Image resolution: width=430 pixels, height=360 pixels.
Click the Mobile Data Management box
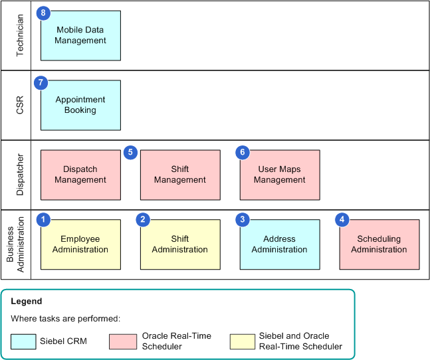tap(80, 35)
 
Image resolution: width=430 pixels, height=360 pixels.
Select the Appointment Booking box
tap(80, 105)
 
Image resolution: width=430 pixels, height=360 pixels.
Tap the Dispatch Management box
tap(80, 175)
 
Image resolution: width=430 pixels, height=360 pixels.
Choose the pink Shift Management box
tap(180, 175)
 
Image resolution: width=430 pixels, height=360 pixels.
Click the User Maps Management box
tap(280, 175)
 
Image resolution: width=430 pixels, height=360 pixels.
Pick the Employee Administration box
tap(80, 244)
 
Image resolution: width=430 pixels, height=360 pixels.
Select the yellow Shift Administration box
tap(180, 244)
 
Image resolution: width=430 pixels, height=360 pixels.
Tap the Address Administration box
tap(280, 244)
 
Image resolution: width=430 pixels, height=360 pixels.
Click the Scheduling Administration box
tap(379, 244)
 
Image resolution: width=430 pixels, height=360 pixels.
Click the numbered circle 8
tap(44, 13)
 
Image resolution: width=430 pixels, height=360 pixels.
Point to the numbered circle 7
tap(42, 82)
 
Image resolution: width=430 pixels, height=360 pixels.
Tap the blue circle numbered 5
tap(130, 152)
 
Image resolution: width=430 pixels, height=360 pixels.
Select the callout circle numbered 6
tap(243, 152)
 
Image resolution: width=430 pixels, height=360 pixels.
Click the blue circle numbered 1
tap(44, 219)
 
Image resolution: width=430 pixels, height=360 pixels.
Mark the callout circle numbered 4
tap(342, 219)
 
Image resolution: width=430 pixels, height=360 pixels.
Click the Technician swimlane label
tap(20, 35)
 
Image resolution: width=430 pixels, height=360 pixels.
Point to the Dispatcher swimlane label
tap(20, 175)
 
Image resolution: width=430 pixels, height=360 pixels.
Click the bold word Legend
tap(27, 302)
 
